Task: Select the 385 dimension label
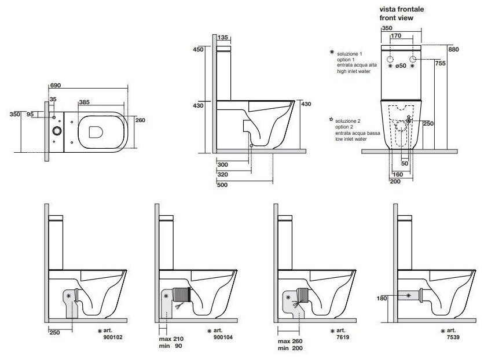(84, 102)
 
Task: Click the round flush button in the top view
(56, 130)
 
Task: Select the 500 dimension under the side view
(222, 185)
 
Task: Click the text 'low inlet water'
(353, 139)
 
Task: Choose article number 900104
(222, 336)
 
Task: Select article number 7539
(450, 336)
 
